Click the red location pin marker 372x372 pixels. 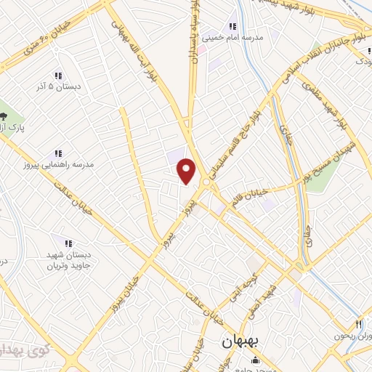pos(187,171)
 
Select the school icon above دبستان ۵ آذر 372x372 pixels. pos(58,76)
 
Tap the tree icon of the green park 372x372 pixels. pos(5,116)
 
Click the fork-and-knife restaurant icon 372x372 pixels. pos(358,324)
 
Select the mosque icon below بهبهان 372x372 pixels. pos(254,360)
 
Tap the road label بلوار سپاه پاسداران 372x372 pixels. pos(195,33)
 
